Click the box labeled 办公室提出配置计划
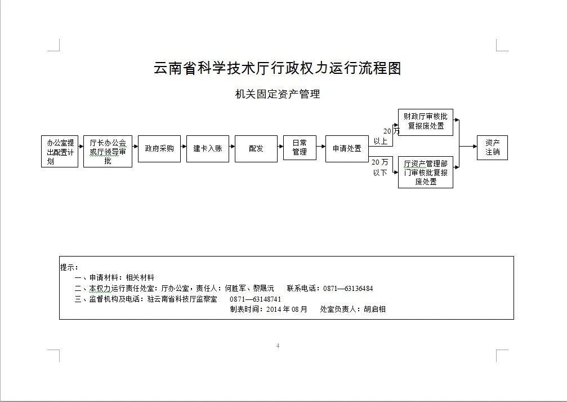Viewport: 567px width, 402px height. tap(60, 151)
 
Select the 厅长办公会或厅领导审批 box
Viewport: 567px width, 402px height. tap(108, 151)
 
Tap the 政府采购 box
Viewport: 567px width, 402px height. tap(159, 149)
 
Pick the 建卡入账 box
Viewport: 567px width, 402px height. tap(208, 149)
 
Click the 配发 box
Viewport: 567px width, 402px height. tap(256, 149)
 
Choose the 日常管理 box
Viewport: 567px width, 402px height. tap(300, 148)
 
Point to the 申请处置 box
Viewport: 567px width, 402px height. tap(347, 149)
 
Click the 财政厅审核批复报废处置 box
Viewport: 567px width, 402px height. tap(426, 122)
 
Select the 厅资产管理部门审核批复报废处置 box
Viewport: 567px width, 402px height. tap(426, 173)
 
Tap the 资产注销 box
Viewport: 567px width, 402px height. tap(493, 148)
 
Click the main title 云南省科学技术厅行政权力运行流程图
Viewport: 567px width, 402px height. tap(278, 68)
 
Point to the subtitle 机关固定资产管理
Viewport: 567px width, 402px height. tap(278, 94)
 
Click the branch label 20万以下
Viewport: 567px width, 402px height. tap(380, 167)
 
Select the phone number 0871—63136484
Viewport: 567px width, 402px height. tap(348, 289)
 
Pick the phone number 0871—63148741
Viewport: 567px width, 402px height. tap(255, 299)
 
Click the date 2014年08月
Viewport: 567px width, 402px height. tap(287, 310)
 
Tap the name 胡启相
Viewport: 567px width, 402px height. tap(374, 310)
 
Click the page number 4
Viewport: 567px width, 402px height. tap(278, 346)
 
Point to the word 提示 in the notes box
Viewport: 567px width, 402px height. tap(67, 268)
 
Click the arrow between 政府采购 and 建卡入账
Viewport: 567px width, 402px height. tap(184, 147)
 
